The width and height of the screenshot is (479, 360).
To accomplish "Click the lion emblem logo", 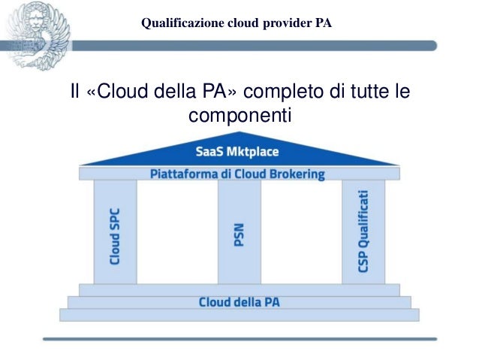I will pyautogui.click(x=38, y=35).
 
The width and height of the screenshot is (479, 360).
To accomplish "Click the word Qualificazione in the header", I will pyautogui.click(x=179, y=23).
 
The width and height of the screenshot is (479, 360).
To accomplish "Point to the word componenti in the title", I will pyautogui.click(x=239, y=116).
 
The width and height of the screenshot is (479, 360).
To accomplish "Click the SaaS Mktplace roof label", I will pyautogui.click(x=237, y=152).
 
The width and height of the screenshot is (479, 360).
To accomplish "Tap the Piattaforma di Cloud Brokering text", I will pyautogui.click(x=237, y=174).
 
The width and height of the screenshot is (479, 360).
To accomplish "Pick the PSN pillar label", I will pyautogui.click(x=239, y=235).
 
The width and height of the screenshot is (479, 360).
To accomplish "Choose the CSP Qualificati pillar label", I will pyautogui.click(x=363, y=231).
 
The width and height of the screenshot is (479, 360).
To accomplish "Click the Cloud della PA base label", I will pyautogui.click(x=239, y=302).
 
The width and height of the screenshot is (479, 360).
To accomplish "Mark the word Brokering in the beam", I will pyautogui.click(x=299, y=174).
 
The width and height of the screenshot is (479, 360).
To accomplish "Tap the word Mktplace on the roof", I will pyautogui.click(x=252, y=152).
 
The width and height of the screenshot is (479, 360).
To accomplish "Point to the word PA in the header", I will pyautogui.click(x=324, y=23).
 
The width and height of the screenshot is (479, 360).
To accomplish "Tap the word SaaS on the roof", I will pyautogui.click(x=209, y=152).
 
